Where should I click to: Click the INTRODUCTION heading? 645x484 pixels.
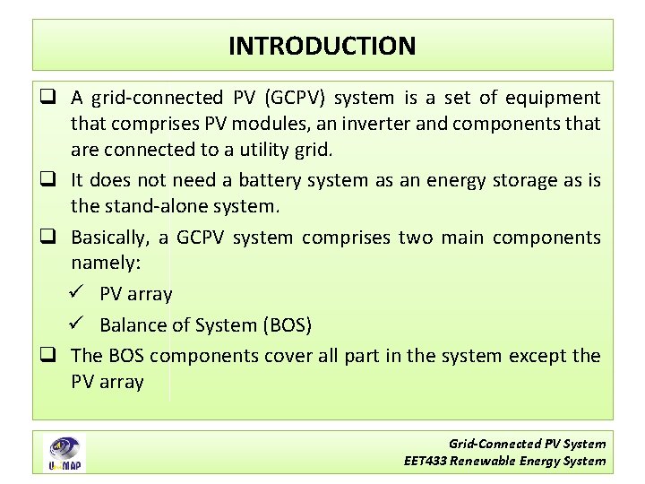[322, 46]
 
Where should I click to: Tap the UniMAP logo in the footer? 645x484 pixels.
[64, 453]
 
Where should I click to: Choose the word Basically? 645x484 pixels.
[112, 238]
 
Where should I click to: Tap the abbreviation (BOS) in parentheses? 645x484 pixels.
[284, 324]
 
